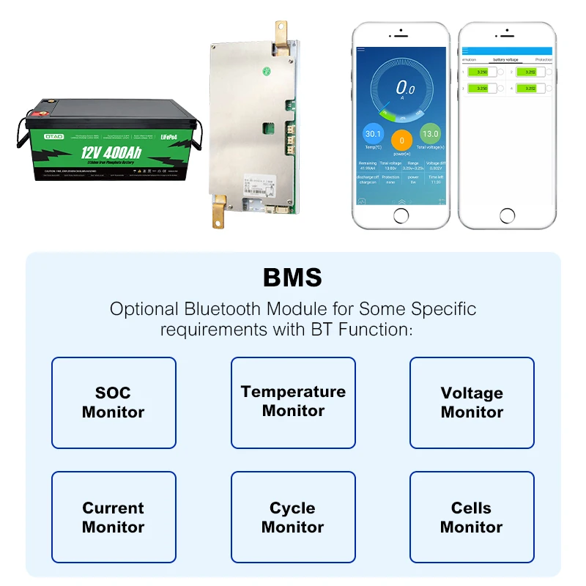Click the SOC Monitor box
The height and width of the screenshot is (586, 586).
coord(114,403)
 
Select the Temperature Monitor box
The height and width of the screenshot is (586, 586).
coord(293,403)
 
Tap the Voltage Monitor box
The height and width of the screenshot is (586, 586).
coord(472,403)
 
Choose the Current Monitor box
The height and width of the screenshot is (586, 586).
coord(114,517)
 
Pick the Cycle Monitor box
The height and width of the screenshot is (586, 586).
coord(293,517)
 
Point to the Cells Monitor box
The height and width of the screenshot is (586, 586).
coord(472,517)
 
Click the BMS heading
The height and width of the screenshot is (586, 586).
coord(292,278)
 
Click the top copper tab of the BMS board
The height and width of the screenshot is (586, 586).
coord(281,33)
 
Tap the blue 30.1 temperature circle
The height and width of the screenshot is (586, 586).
coord(374,135)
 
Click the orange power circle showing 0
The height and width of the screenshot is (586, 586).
coord(401,140)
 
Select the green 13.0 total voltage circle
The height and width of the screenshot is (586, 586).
coord(430,135)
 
